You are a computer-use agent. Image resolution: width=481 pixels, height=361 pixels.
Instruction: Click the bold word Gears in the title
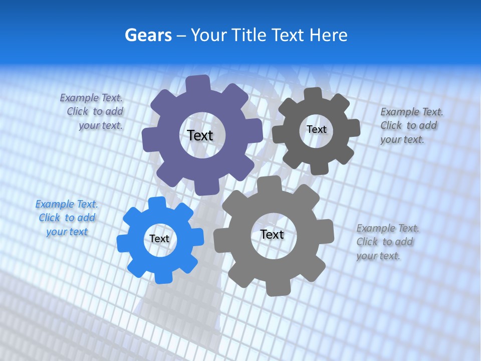pyautogui.click(x=148, y=35)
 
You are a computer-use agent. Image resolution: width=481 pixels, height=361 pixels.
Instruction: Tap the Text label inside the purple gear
pyautogui.click(x=200, y=135)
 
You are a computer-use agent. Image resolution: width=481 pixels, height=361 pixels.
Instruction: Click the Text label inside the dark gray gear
pyautogui.click(x=316, y=129)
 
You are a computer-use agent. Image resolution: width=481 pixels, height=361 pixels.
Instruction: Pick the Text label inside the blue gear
pyautogui.click(x=159, y=239)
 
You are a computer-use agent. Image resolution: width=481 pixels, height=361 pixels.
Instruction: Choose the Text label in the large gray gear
pyautogui.click(x=272, y=234)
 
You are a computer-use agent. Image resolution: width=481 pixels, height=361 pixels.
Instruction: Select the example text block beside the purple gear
pyautogui.click(x=92, y=112)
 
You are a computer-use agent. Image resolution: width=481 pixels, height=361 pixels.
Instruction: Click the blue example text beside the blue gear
pyautogui.click(x=67, y=218)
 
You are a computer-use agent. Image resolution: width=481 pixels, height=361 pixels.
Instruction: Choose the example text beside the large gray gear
pyautogui.click(x=387, y=242)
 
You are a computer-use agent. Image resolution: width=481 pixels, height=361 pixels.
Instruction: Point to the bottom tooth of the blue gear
pyautogui.click(x=162, y=276)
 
